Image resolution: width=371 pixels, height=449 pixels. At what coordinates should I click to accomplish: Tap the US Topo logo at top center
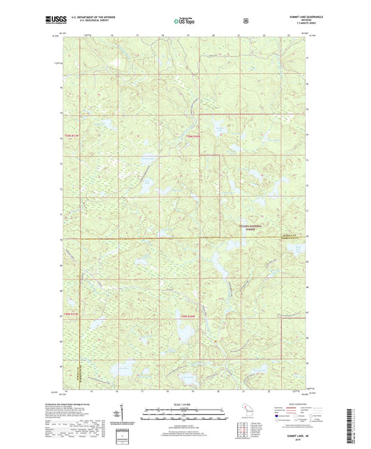pos(184,21)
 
